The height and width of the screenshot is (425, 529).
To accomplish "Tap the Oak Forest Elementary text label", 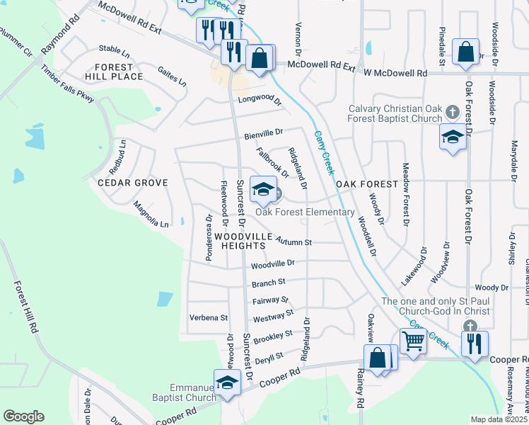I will (x=305, y=212).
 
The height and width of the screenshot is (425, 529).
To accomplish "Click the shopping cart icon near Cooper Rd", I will (x=413, y=341).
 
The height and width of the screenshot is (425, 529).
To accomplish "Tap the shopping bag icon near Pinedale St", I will (x=466, y=52).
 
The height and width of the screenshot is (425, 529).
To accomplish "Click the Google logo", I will (x=23, y=416).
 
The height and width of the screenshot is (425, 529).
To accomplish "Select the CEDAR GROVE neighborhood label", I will (x=132, y=183).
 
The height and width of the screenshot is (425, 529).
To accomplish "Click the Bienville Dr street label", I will (x=263, y=132).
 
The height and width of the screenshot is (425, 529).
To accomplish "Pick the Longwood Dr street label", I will (x=260, y=100).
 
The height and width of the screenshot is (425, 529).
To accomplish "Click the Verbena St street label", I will (x=209, y=318).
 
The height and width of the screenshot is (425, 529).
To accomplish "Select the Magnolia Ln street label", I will (x=151, y=215).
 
